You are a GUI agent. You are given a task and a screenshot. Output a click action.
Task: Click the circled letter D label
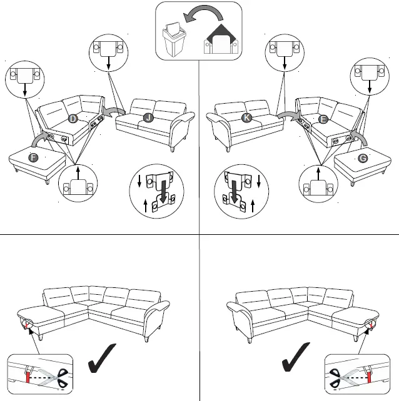pos(73,119)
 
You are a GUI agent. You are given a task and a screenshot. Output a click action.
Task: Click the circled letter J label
pos(148,117)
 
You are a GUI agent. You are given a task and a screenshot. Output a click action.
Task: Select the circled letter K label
pos(246,117)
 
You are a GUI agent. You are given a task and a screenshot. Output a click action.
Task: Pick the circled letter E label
pos(323,119)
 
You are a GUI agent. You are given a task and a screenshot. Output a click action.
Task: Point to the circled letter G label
pos(363,158)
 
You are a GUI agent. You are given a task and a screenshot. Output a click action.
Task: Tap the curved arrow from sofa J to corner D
pos(113,111)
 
